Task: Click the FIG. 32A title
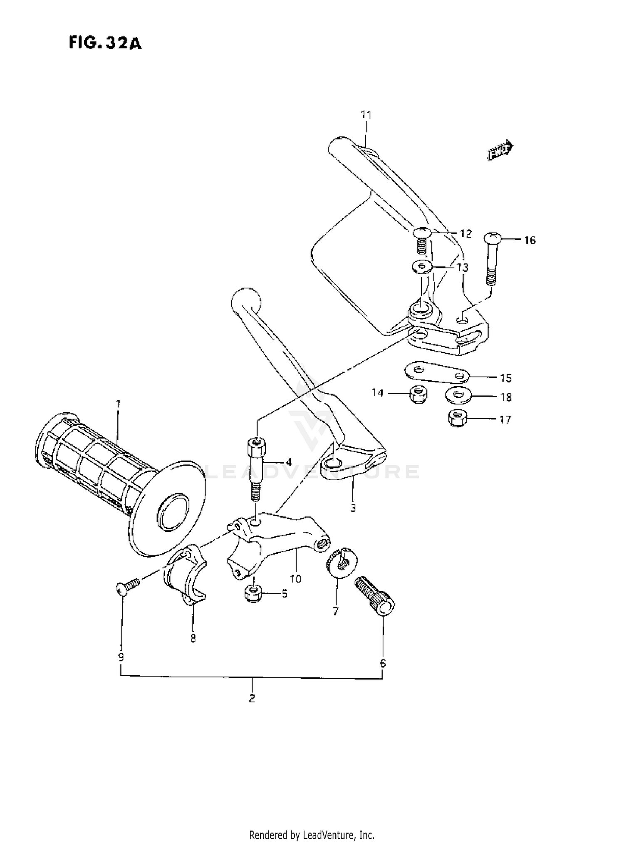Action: (x=105, y=43)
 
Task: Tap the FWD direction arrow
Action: (x=500, y=151)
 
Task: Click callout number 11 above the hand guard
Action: (x=366, y=115)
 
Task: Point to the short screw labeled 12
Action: (x=421, y=241)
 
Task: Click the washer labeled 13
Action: (x=421, y=266)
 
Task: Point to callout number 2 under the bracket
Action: (x=252, y=698)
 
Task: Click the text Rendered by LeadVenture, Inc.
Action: (x=312, y=835)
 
